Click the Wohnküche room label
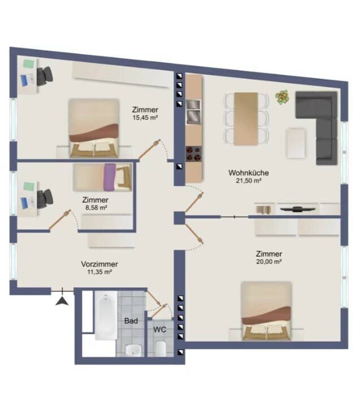(x=249, y=173)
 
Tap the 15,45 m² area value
(x=145, y=117)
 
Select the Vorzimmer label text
(x=99, y=264)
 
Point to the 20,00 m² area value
(x=268, y=261)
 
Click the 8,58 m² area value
(x=96, y=208)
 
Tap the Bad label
(x=131, y=321)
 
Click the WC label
(x=160, y=330)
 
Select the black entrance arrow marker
(x=62, y=301)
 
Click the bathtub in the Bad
(x=106, y=316)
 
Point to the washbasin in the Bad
(x=133, y=350)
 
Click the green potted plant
(x=283, y=97)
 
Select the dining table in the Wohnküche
(x=246, y=119)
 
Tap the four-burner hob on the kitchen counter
(x=194, y=154)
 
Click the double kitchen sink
(x=193, y=112)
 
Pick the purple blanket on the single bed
(x=110, y=177)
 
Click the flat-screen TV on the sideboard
(x=298, y=209)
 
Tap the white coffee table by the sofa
(x=296, y=143)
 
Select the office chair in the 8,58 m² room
(x=45, y=199)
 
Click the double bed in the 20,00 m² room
(x=266, y=311)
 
